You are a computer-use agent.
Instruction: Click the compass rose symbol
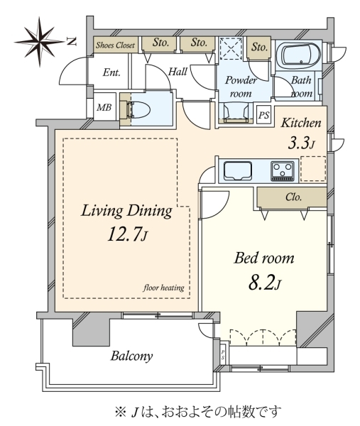[40, 42]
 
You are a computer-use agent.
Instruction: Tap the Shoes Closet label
[115, 45]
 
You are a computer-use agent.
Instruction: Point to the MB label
[104, 108]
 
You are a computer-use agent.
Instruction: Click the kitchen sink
[237, 171]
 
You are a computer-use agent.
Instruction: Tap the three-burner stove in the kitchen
[283, 171]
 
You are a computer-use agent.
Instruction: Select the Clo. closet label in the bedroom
[294, 197]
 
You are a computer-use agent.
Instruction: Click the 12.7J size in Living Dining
[127, 234]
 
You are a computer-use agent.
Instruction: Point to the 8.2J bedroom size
[265, 283]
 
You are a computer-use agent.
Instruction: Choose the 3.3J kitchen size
[301, 143]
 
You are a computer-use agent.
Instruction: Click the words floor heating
[163, 288]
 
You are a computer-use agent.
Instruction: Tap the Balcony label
[131, 356]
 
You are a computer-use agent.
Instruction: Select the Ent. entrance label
[111, 72]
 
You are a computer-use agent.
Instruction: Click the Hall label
[178, 72]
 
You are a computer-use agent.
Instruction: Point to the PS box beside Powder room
[263, 115]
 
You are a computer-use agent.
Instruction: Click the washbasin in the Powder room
[235, 111]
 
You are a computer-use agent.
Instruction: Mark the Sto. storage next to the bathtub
[259, 47]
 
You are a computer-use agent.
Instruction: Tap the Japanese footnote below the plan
[197, 412]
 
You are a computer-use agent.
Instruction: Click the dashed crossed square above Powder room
[231, 49]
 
